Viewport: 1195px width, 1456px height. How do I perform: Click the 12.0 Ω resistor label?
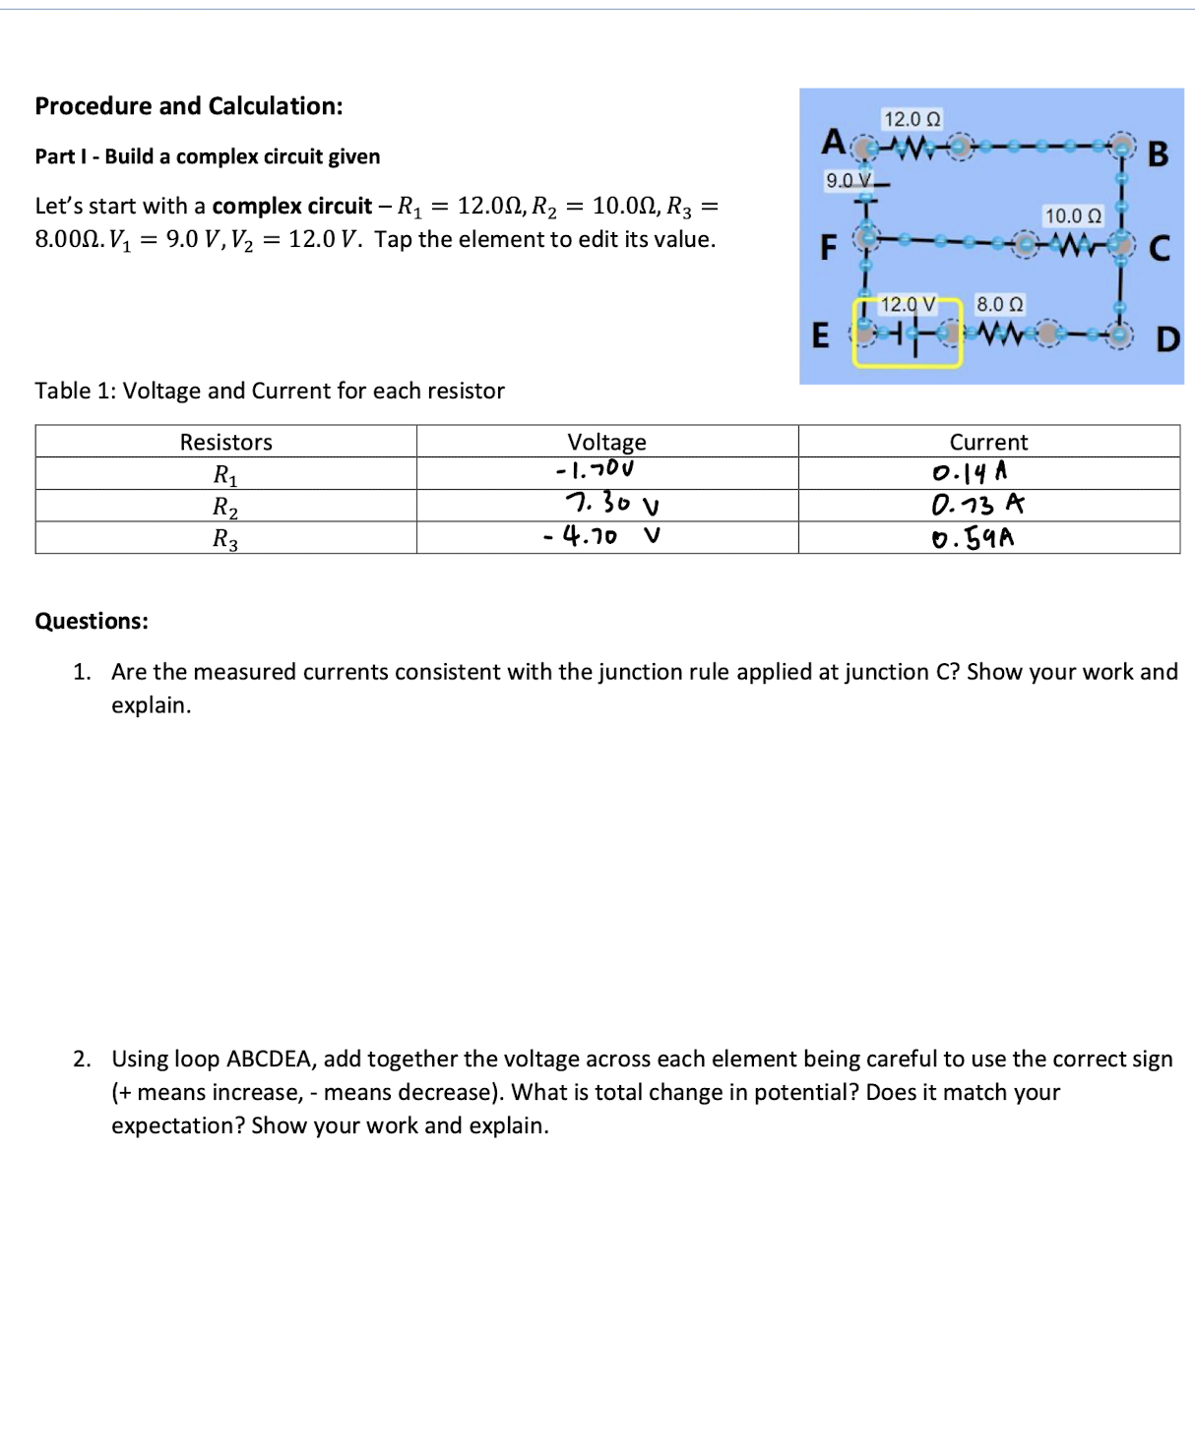click(x=912, y=119)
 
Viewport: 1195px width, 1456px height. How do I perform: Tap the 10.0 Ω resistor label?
click(x=1073, y=215)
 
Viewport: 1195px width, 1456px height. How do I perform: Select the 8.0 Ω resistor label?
click(x=999, y=304)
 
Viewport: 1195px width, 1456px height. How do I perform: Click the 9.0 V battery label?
click(x=849, y=180)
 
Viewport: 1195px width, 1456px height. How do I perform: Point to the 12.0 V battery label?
click(x=907, y=304)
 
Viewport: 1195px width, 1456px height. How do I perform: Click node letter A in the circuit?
click(x=833, y=142)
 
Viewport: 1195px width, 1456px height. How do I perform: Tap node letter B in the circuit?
click(x=1158, y=154)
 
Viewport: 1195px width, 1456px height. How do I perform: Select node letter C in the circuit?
click(x=1160, y=248)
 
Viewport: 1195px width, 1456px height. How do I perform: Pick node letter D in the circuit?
click(x=1166, y=339)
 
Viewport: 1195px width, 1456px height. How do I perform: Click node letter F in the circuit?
click(x=829, y=247)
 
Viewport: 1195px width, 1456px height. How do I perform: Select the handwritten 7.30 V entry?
click(x=611, y=504)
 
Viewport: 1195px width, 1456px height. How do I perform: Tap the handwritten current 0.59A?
click(x=973, y=538)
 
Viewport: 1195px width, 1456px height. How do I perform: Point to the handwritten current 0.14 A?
click(x=970, y=473)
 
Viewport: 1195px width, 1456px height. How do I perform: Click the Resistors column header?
click(x=225, y=442)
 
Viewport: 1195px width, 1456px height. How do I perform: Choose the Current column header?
click(x=987, y=442)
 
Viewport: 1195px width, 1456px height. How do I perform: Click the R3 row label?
click(x=225, y=538)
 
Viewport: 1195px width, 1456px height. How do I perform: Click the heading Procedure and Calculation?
click(x=189, y=106)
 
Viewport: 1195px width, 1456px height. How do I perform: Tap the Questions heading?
click(x=92, y=621)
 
